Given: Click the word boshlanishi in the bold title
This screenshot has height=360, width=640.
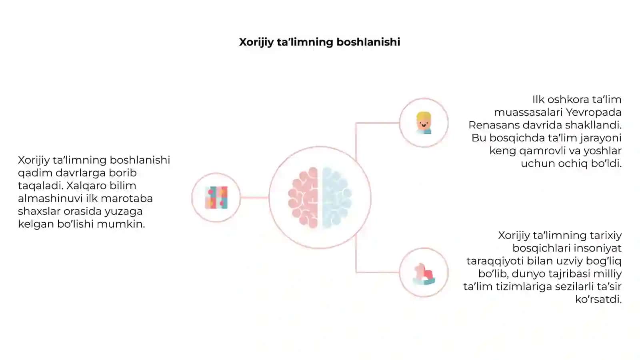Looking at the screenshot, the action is coord(368,42).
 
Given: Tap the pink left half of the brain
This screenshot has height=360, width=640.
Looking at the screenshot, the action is coord(303,198).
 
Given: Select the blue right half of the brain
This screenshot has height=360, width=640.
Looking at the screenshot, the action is coord(337,198).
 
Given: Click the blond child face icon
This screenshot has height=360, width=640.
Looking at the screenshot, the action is coord(424,123).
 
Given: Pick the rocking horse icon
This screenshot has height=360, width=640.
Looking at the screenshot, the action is coord(424,274).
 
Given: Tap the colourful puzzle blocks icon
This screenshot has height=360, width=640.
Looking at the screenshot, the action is coord(216,198).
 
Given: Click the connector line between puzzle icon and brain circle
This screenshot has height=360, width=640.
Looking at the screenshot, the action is coord(254,198).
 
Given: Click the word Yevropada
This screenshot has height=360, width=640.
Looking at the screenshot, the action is coord(594,112).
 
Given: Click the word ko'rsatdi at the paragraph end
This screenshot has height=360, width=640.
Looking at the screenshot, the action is coord(598,300).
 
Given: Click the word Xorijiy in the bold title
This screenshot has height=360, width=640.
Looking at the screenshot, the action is coord(256,42).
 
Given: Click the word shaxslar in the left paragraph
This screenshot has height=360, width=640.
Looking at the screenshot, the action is coord(39,212).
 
